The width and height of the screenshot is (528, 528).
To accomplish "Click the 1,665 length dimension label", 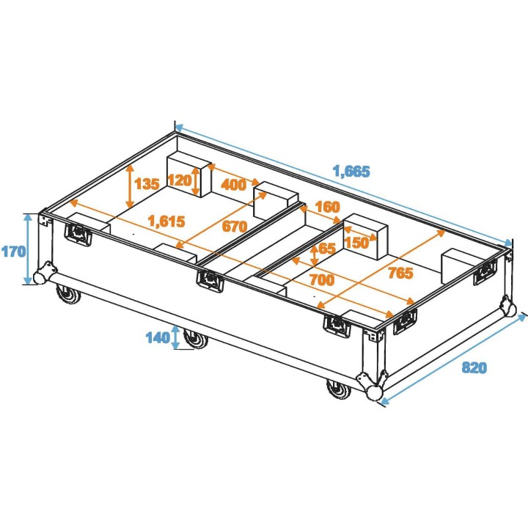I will pyautogui.click(x=351, y=172).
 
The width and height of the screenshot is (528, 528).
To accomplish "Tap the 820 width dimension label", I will pyautogui.click(x=474, y=368).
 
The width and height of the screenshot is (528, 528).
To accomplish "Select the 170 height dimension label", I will pyautogui.click(x=13, y=251).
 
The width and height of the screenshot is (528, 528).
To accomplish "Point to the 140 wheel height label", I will pyautogui.click(x=157, y=337).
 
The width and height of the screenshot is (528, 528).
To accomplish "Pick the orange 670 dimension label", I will pyautogui.click(x=234, y=227).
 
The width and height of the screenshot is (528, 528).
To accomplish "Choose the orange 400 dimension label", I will pyautogui.click(x=233, y=185).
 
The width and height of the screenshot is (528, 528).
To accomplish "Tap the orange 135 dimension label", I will pyautogui.click(x=147, y=183).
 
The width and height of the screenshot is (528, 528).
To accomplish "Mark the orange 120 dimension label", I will pyautogui.click(x=179, y=180).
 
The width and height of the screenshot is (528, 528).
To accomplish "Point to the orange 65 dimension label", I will pyautogui.click(x=326, y=249).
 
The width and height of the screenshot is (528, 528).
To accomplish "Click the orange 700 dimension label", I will pyautogui.click(x=321, y=279).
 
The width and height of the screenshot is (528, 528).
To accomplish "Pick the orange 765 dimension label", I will pyautogui.click(x=400, y=273).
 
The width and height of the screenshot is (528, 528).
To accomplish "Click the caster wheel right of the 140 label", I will pyautogui.click(x=195, y=339).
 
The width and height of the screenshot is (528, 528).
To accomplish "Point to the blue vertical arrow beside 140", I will pyautogui.click(x=175, y=337).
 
